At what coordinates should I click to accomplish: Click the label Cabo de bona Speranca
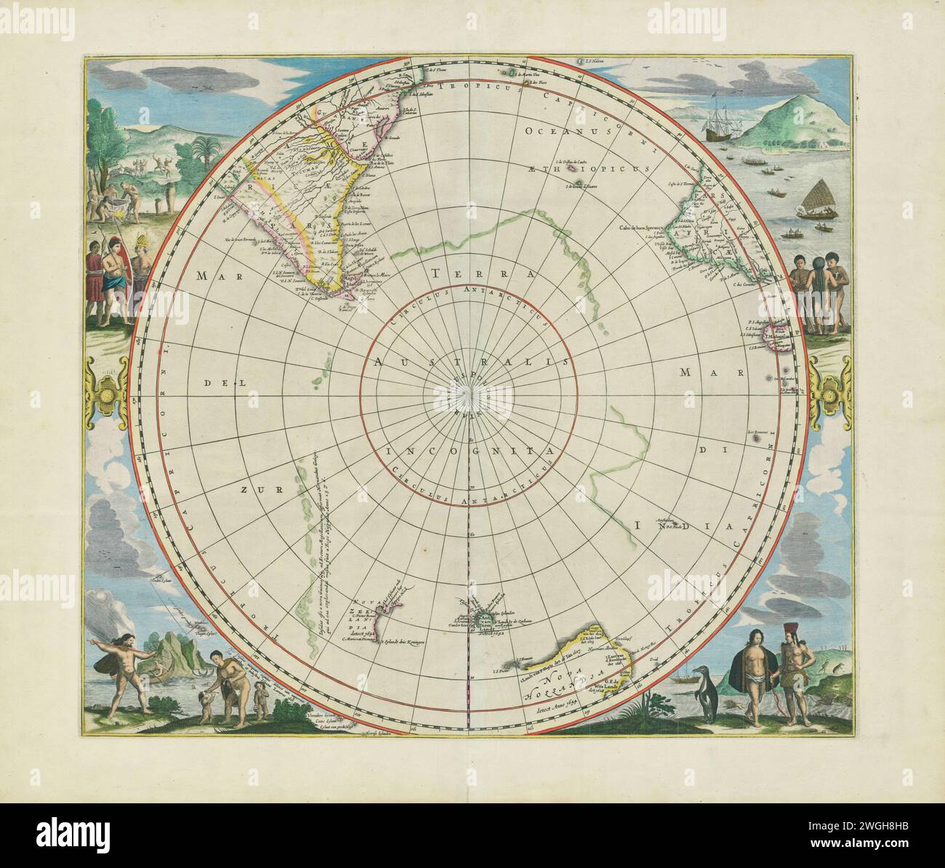pyautogui.click(x=642, y=228)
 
